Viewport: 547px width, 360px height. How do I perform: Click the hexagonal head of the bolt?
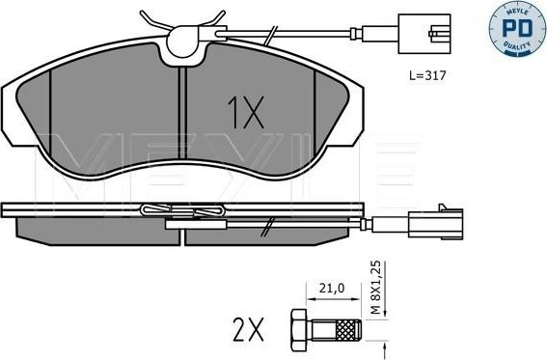[x=296, y=327]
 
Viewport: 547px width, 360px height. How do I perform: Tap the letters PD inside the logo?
[x=519, y=25]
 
